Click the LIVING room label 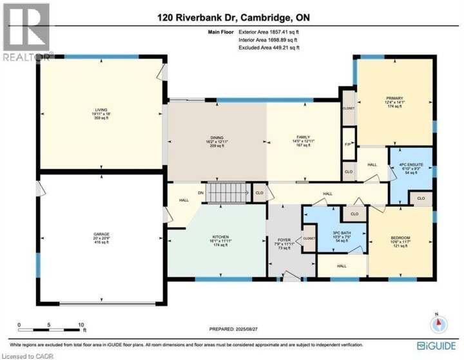101,110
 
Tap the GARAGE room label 101,236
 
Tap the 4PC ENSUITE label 411,165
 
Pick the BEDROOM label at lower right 400,238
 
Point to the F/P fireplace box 348,144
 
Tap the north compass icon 437,323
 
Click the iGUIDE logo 438,345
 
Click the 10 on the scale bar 81,325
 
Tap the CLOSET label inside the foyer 309,238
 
